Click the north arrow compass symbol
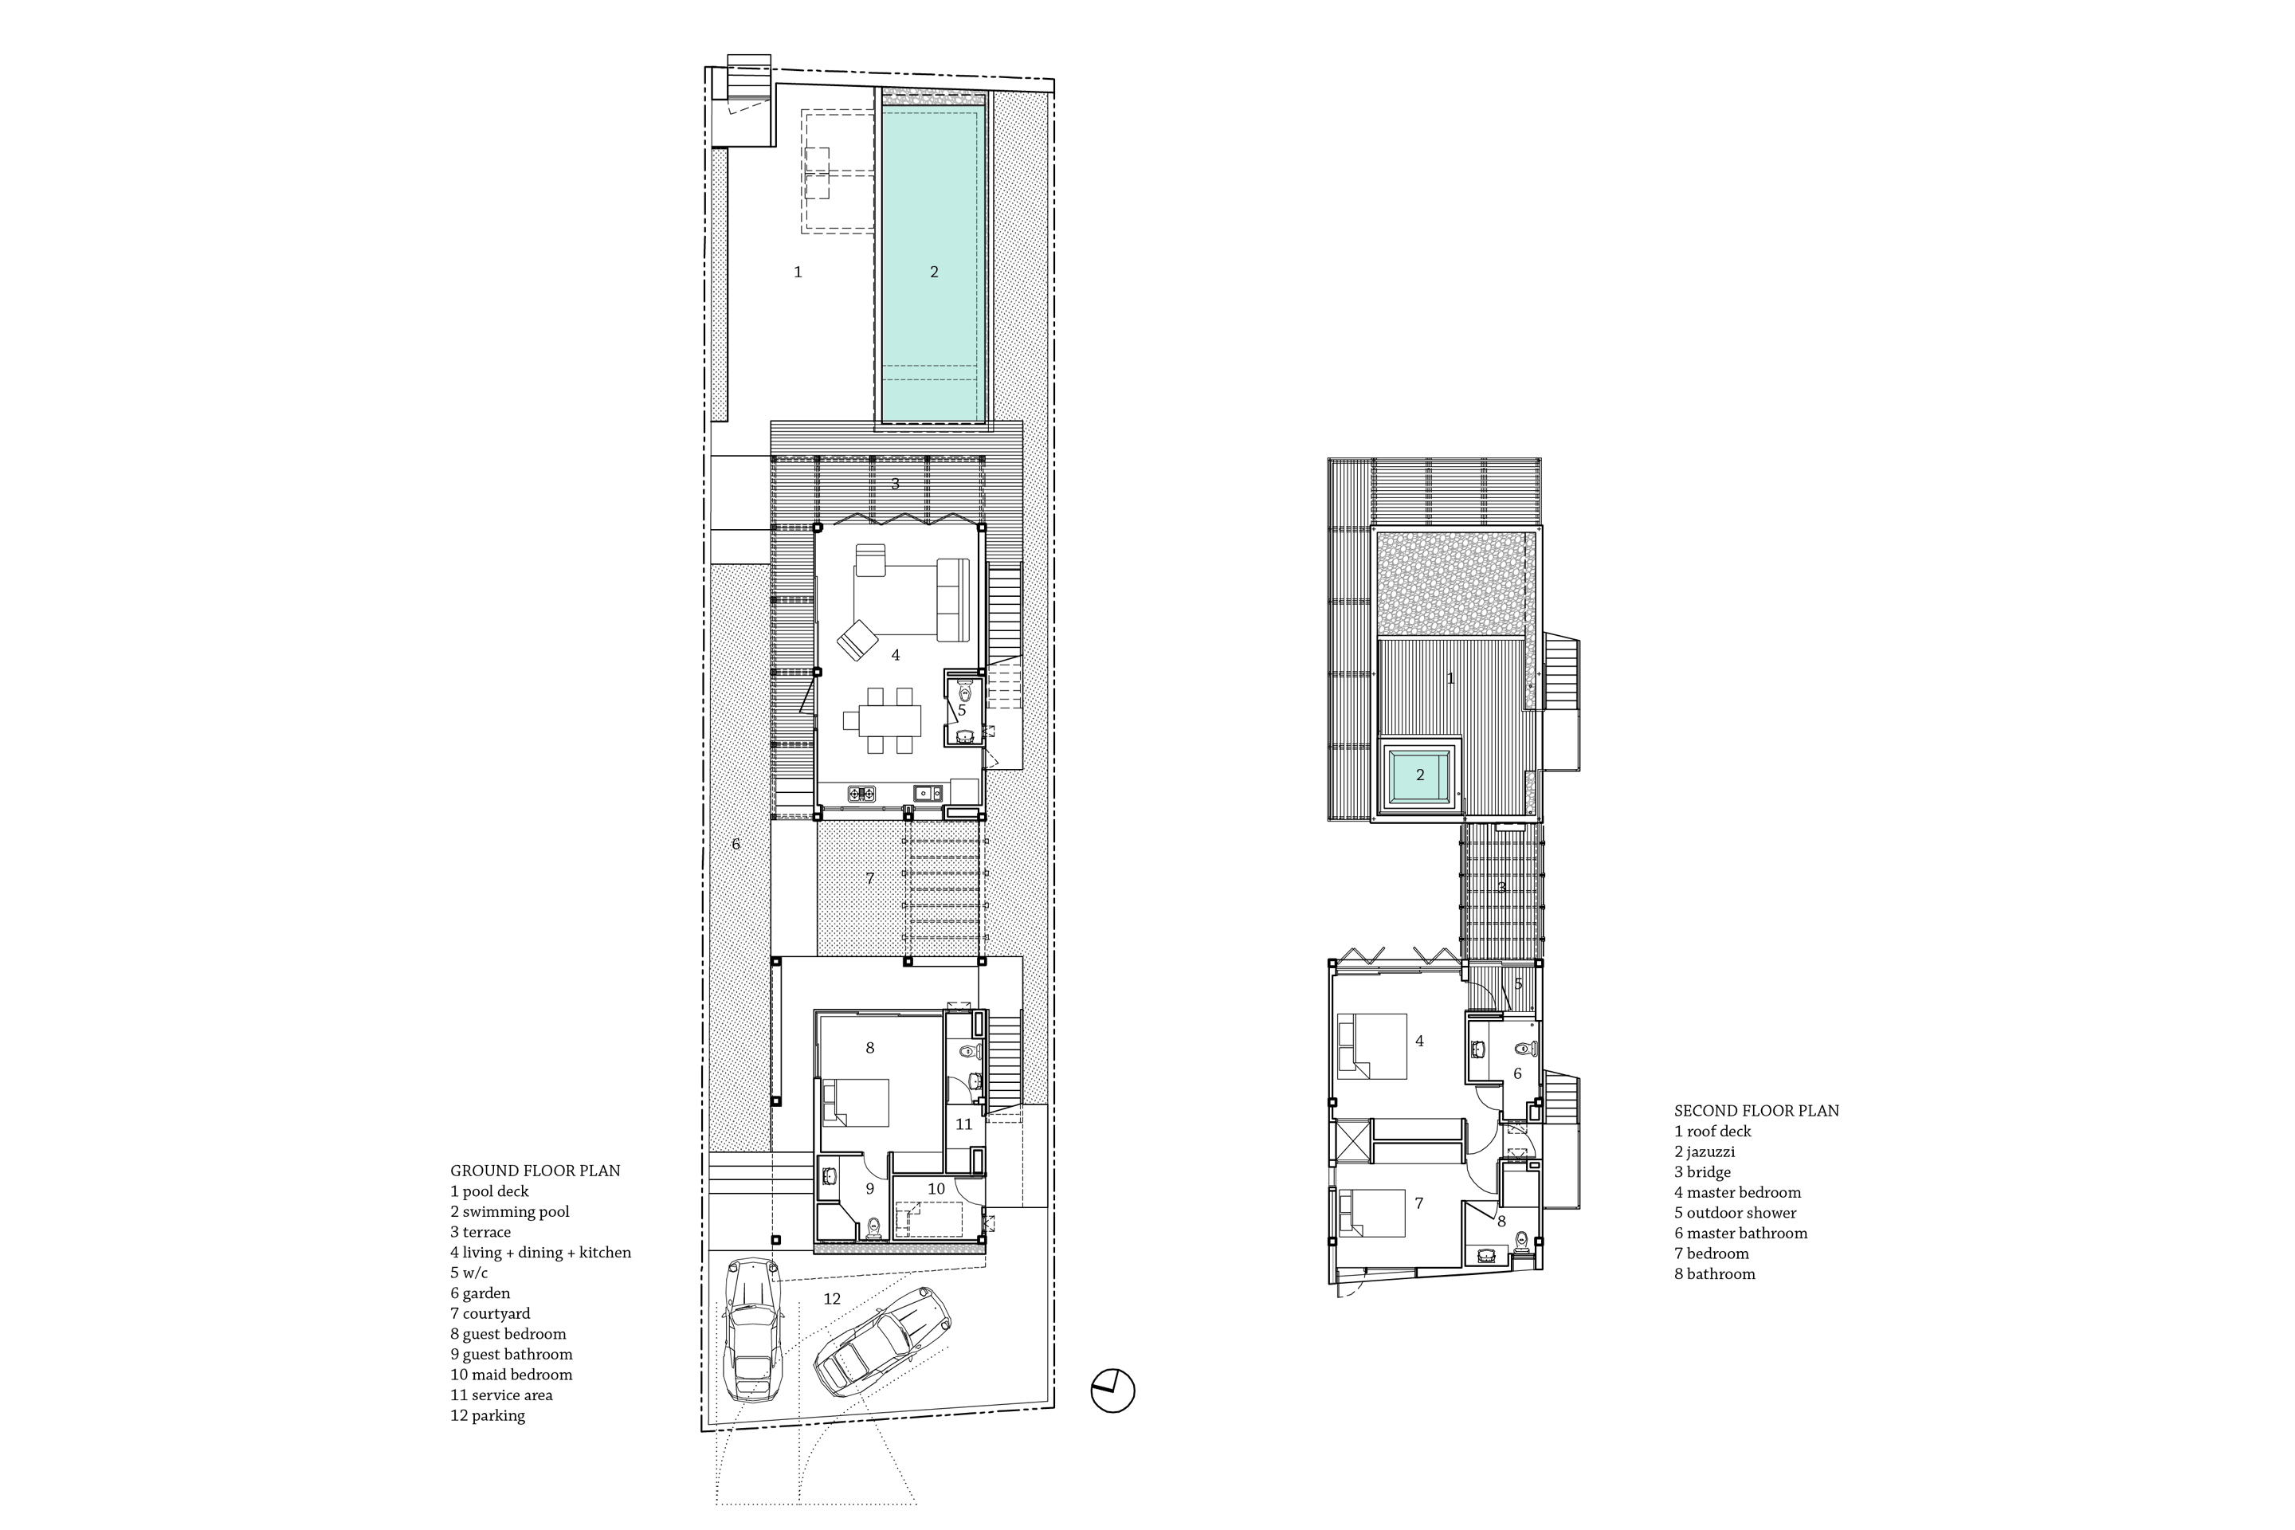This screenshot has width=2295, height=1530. (1112, 1390)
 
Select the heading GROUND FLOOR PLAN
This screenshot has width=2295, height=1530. (535, 1171)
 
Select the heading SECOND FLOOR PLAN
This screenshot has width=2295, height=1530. (1756, 1110)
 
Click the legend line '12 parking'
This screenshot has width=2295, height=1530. (487, 1416)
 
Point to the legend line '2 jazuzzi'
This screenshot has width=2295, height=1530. (1704, 1152)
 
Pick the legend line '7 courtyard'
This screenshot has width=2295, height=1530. (490, 1313)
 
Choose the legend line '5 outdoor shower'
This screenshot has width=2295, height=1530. (1735, 1213)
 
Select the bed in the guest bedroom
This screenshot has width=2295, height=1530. (856, 1103)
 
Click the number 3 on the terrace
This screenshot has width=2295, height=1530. (895, 483)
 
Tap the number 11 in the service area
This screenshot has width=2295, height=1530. (964, 1124)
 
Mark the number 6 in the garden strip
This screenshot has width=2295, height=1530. (736, 844)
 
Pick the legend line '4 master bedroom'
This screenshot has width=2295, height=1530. (1737, 1192)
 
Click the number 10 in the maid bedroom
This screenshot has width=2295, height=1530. (936, 1188)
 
